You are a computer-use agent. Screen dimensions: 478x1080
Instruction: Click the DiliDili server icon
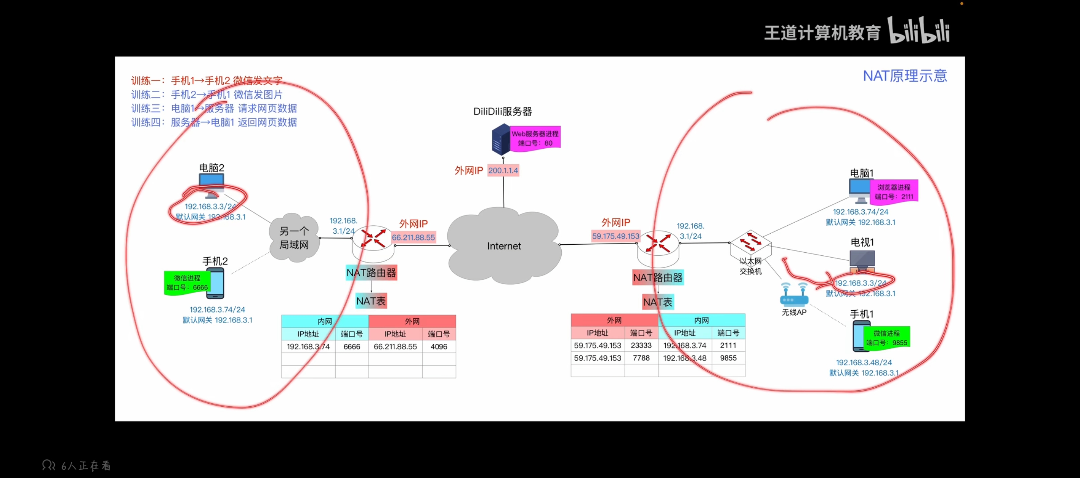pos(501,139)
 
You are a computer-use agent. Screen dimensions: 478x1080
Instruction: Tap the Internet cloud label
pos(504,246)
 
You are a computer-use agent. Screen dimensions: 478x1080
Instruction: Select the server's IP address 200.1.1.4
pos(503,170)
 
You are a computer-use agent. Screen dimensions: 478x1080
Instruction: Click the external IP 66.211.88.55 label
pos(414,237)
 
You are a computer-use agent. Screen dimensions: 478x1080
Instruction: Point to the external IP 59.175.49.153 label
pos(616,236)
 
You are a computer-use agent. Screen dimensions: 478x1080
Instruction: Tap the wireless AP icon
pos(794,294)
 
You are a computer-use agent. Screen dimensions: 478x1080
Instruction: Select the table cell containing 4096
pos(439,347)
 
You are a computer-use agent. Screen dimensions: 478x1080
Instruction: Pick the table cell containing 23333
pos(641,346)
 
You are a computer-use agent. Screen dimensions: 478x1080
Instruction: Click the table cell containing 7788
pos(641,358)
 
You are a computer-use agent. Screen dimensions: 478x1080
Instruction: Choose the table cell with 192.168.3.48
pos(685,358)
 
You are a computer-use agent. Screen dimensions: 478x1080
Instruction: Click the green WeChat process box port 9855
pos(886,338)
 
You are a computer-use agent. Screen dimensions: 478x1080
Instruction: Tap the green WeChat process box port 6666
pos(187,283)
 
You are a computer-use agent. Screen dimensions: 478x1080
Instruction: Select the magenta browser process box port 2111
pos(894,192)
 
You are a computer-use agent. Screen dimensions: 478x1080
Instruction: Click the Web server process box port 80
pos(535,138)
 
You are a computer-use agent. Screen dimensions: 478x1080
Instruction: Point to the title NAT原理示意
pos(905,76)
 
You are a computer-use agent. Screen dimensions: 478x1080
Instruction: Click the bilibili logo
pos(918,30)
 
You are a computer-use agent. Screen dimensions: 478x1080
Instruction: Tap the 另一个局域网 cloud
pos(294,238)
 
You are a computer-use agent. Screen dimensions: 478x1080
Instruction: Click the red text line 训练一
pos(207,80)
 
